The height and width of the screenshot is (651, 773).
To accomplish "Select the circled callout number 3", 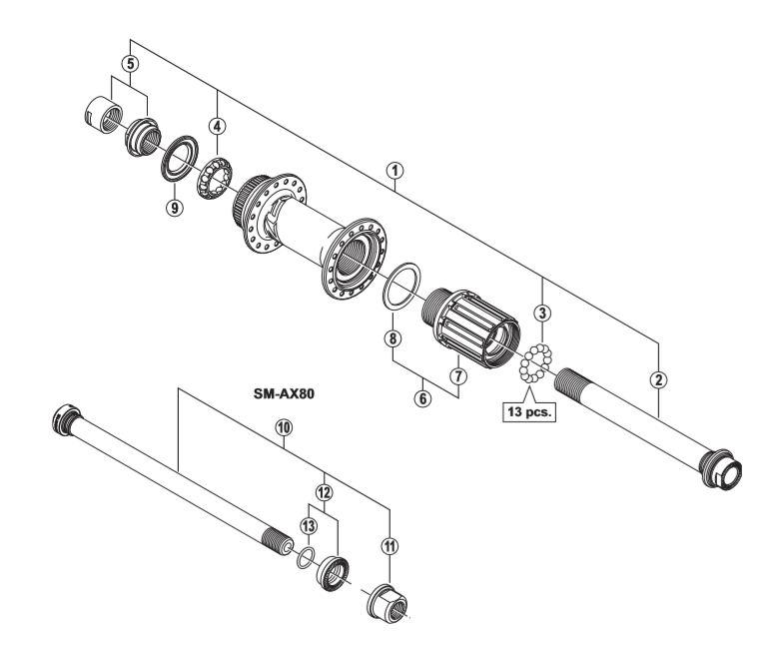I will pos(542,313).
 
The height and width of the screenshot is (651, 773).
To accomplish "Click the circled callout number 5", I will pos(128,63).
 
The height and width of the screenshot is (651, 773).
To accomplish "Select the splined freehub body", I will pos(473,324).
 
